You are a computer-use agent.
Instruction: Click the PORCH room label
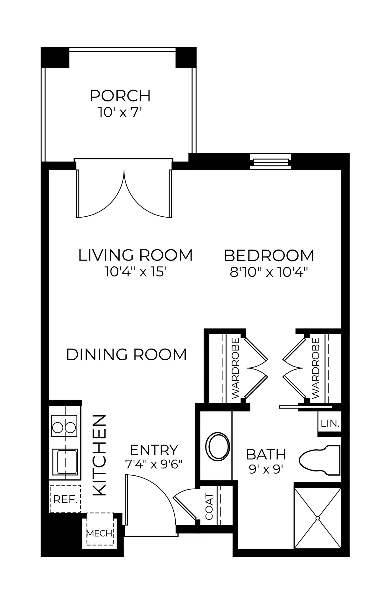(120, 96)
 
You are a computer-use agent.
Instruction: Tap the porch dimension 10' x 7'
(120, 112)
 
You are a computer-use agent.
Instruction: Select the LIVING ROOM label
(136, 255)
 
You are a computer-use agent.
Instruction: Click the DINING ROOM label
(127, 355)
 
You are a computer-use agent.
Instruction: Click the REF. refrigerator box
(65, 499)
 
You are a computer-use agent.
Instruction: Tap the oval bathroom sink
(218, 446)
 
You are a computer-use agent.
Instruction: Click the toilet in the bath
(319, 460)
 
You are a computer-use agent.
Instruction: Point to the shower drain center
(318, 518)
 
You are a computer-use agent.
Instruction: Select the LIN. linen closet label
(330, 424)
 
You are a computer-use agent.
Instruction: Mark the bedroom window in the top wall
(270, 161)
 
